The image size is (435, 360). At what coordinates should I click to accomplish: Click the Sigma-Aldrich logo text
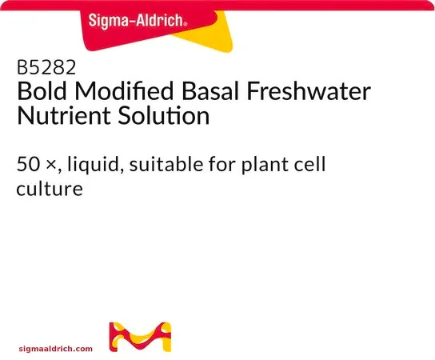point(138,21)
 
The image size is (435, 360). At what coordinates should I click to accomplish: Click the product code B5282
point(46,67)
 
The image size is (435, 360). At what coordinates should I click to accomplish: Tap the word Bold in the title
point(42,91)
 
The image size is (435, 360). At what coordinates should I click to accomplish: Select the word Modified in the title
point(124,91)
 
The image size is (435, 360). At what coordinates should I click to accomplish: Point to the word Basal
point(210,91)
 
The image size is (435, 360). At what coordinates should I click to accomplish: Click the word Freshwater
point(309,91)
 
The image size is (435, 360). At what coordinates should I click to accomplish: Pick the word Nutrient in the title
point(64,115)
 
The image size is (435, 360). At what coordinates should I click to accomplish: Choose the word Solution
point(164,115)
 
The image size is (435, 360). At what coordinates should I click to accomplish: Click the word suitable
point(166,164)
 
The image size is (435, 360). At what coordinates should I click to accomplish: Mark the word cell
point(312,164)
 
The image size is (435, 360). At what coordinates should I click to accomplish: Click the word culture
point(50,189)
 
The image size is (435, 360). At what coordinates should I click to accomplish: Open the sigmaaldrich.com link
point(56,349)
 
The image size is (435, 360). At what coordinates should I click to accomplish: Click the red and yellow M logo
point(140,337)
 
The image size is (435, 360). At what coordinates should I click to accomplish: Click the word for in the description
point(222,164)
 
